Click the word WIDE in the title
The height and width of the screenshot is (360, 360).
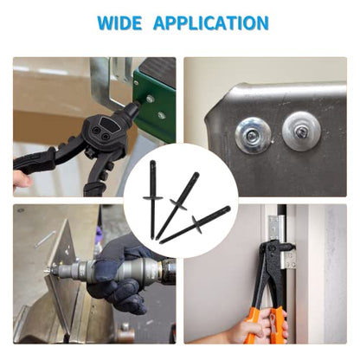tap(119, 23)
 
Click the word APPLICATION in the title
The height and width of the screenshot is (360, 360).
tap(211, 23)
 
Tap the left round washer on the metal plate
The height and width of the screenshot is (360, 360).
tap(254, 136)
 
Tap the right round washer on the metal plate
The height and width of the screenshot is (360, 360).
tap(301, 131)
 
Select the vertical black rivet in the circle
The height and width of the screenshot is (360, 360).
tap(152, 200)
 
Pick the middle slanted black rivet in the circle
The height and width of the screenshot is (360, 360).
tap(178, 205)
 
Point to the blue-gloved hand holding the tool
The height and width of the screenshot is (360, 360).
tap(121, 277)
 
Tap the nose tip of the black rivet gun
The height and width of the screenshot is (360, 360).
tap(135, 104)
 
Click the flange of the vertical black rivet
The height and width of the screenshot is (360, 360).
tap(153, 197)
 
